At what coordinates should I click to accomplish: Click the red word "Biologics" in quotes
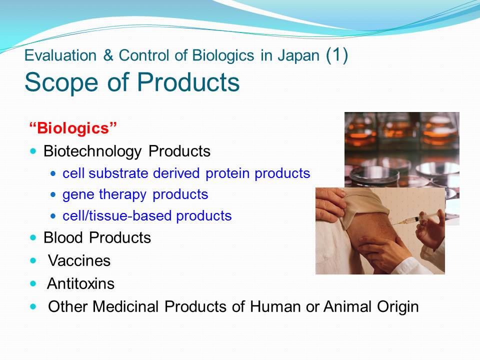click(73, 128)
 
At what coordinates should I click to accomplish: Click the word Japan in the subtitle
click(298, 55)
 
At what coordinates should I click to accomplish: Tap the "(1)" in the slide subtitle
click(336, 55)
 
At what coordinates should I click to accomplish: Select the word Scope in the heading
click(61, 82)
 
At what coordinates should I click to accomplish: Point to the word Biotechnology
click(92, 151)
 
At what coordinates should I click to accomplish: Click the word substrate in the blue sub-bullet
click(118, 173)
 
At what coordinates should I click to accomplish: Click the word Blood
click(63, 237)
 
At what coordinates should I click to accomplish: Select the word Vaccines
click(79, 261)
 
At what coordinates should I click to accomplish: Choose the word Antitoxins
click(80, 283)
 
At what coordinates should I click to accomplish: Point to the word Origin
click(397, 307)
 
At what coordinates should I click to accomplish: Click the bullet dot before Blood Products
click(33, 237)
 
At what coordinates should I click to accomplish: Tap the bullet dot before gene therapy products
click(53, 194)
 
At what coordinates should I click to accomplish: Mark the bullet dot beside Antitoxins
click(33, 283)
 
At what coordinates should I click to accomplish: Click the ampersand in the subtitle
click(108, 55)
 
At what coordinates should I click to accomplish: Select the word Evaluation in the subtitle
click(60, 55)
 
